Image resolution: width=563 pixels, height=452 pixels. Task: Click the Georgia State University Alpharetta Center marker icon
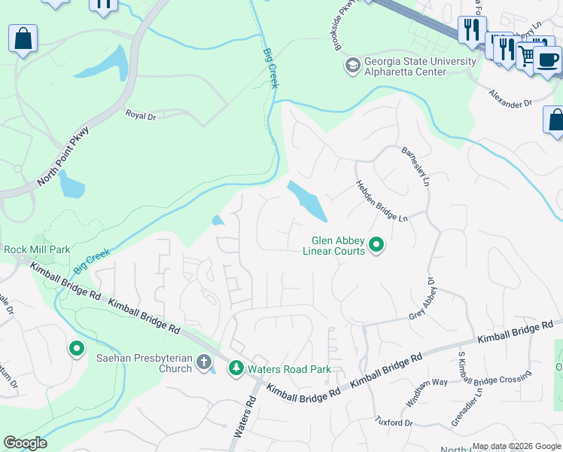click(351, 67)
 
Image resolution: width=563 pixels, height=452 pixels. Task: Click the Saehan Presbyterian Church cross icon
click(202, 363)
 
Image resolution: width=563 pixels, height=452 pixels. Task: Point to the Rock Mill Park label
click(37, 249)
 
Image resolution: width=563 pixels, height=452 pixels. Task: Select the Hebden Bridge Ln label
click(381, 200)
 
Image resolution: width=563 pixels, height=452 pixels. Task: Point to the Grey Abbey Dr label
click(423, 298)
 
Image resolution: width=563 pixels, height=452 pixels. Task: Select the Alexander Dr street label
click(510, 97)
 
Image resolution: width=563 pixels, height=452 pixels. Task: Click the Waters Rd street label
click(245, 418)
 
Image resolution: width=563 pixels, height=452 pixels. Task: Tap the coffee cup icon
click(547, 60)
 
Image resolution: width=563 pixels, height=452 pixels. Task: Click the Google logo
click(26, 443)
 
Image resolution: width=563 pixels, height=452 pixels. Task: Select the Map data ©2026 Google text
click(516, 446)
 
